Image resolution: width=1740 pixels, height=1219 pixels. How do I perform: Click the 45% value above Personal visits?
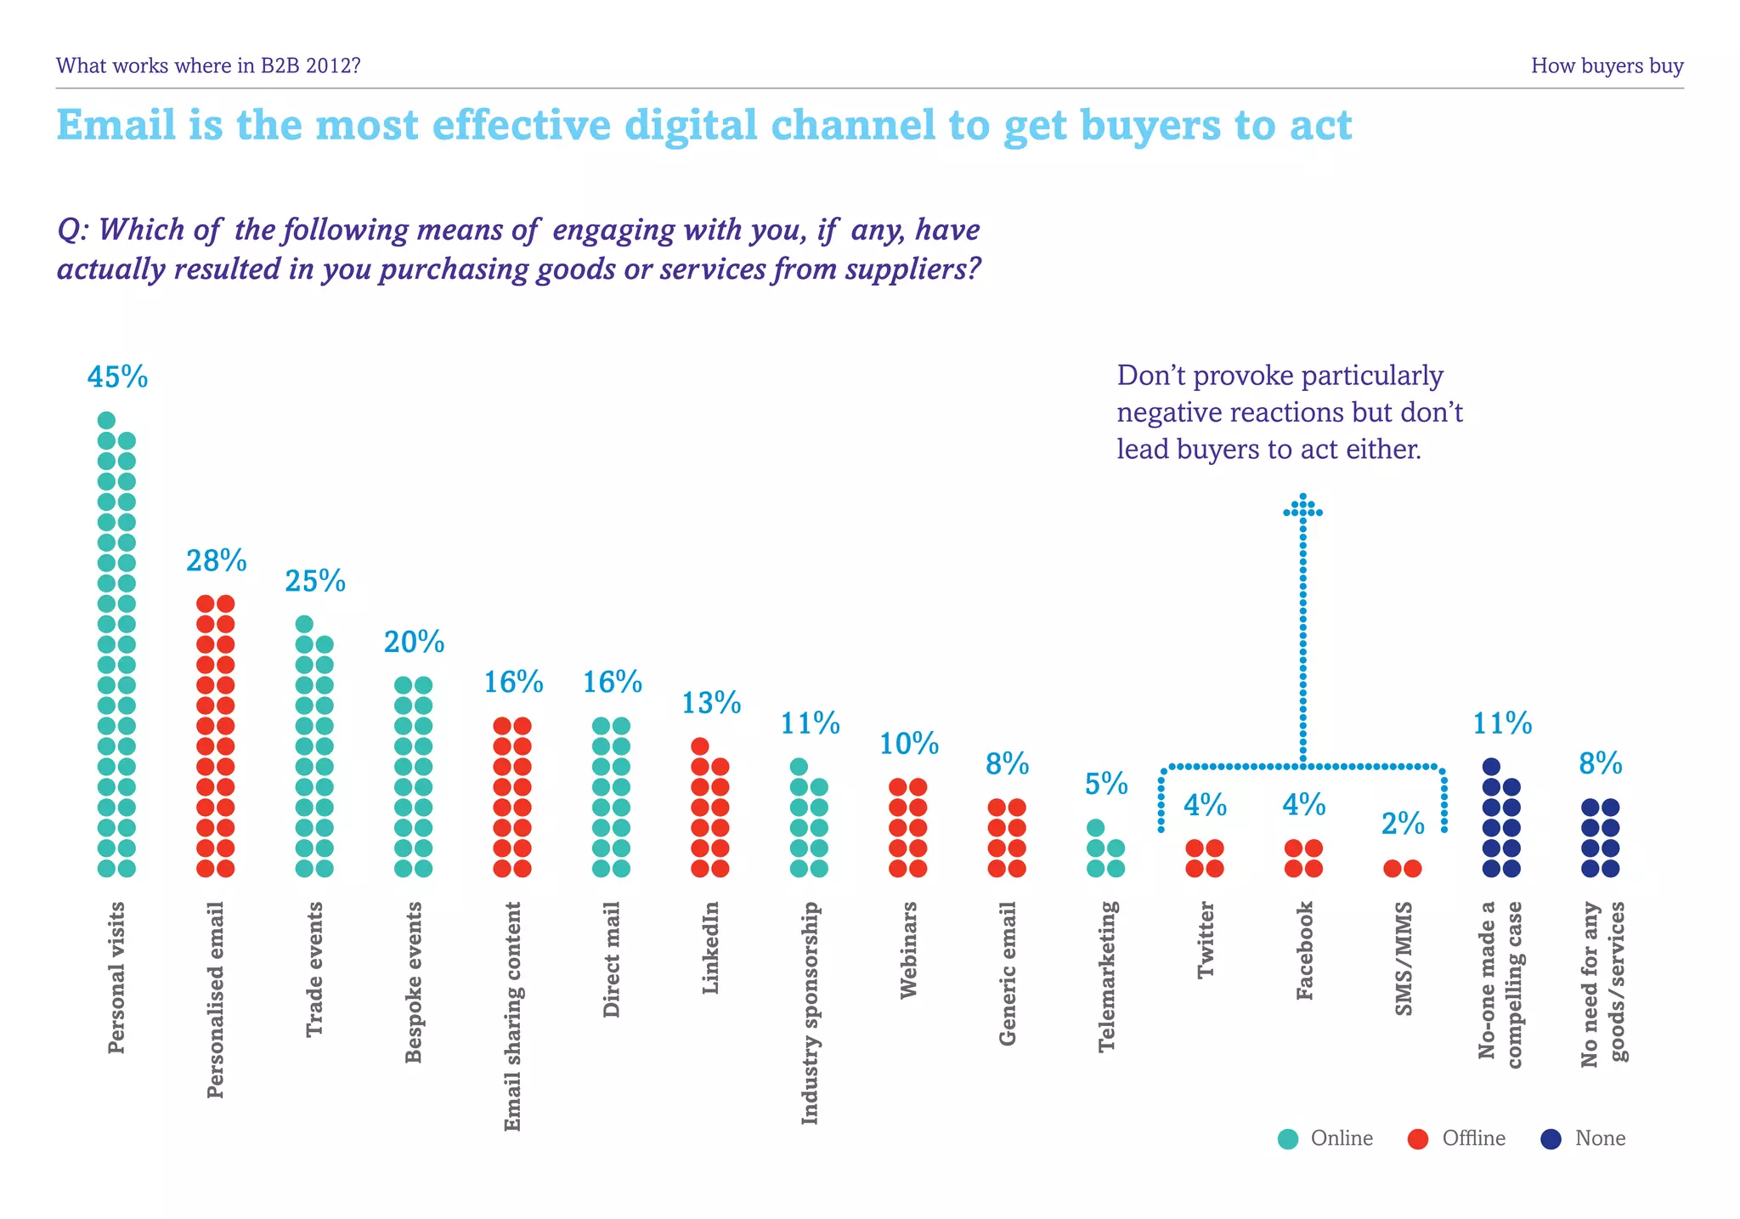point(117,377)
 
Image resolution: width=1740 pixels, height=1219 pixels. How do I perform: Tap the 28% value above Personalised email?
point(216,561)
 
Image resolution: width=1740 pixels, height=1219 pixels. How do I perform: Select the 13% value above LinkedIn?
point(711,703)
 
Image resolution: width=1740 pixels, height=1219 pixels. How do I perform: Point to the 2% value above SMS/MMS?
point(1403,824)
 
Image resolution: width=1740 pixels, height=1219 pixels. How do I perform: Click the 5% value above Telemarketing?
point(1106,784)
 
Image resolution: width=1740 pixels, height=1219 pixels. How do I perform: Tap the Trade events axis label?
point(314,970)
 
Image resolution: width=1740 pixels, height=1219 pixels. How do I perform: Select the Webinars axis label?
point(908,950)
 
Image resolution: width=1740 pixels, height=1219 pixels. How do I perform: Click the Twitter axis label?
point(1206,941)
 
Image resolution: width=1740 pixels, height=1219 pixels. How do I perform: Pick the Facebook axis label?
point(1304,951)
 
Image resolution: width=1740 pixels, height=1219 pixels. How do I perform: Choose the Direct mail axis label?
point(612,960)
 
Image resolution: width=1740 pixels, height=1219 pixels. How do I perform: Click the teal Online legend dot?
point(1288,1139)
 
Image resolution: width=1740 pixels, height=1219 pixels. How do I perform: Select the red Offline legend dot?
point(1418,1139)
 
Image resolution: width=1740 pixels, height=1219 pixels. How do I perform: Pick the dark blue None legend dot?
point(1551,1139)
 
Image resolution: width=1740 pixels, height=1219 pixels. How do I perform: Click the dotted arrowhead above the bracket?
point(1302,507)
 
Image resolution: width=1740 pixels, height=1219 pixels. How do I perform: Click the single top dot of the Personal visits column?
point(106,420)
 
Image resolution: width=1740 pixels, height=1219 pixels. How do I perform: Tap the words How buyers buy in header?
point(1607,66)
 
